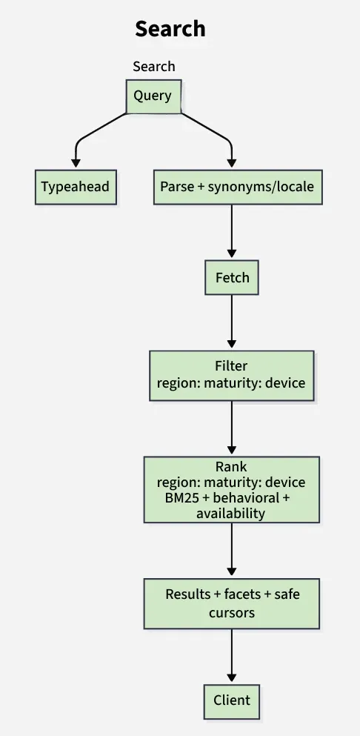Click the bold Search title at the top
170,30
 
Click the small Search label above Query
153,67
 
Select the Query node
153,96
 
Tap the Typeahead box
76,187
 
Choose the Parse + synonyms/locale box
237,187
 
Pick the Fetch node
232,279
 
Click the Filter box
231,375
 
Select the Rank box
231,489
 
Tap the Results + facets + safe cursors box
231,603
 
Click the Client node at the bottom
232,700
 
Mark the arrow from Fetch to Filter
232,322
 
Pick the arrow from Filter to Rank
232,428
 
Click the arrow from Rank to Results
232,551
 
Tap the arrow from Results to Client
232,656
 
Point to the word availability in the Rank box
230,512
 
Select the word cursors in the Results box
231,612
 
